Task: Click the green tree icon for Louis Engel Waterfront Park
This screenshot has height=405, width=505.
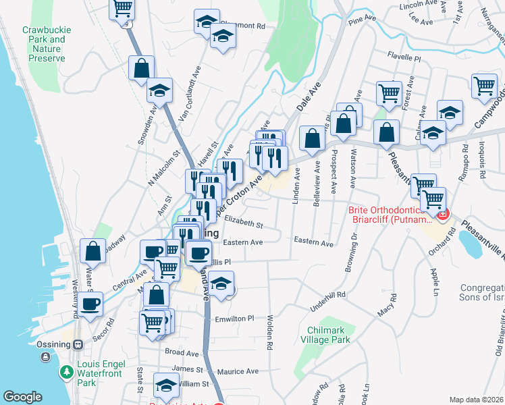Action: coord(66,372)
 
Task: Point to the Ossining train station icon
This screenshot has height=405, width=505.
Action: coord(79,344)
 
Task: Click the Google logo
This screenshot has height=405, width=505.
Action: coord(22,397)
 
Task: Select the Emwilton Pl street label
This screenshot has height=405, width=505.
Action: coord(234,318)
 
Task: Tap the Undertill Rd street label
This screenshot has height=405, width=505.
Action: coord(327,295)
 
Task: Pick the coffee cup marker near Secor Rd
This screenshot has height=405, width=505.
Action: coord(90,303)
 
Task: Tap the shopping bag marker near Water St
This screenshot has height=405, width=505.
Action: coord(92,251)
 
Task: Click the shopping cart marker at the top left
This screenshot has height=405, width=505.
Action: coord(122,9)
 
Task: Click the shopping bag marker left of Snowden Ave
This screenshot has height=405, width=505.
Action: coord(141,68)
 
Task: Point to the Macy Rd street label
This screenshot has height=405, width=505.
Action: coord(386,310)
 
